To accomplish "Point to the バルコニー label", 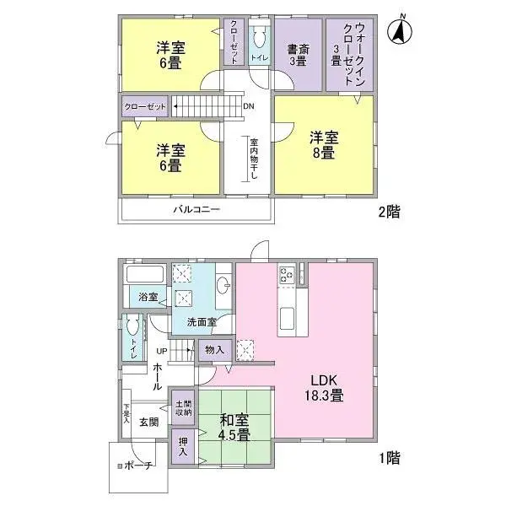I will pyautogui.click(x=196, y=208).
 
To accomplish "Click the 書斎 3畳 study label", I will pyautogui.click(x=298, y=53).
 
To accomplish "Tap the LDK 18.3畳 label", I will pyautogui.click(x=324, y=386).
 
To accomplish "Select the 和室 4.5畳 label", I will pyautogui.click(x=234, y=428).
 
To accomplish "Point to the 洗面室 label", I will pyautogui.click(x=202, y=321).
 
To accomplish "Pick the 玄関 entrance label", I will pyautogui.click(x=148, y=422).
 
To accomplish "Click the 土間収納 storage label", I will pyautogui.click(x=183, y=408).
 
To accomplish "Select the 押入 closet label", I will pyautogui.click(x=183, y=444).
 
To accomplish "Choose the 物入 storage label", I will pyautogui.click(x=213, y=349).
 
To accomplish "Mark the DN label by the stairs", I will pyautogui.click(x=248, y=107).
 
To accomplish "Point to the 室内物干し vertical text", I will pyautogui.click(x=252, y=159).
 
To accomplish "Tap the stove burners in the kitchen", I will pyautogui.click(x=286, y=274).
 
